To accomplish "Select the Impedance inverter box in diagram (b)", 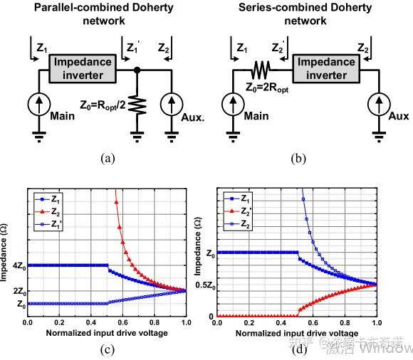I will (x=326, y=68).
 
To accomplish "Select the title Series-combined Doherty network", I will (x=304, y=14).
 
